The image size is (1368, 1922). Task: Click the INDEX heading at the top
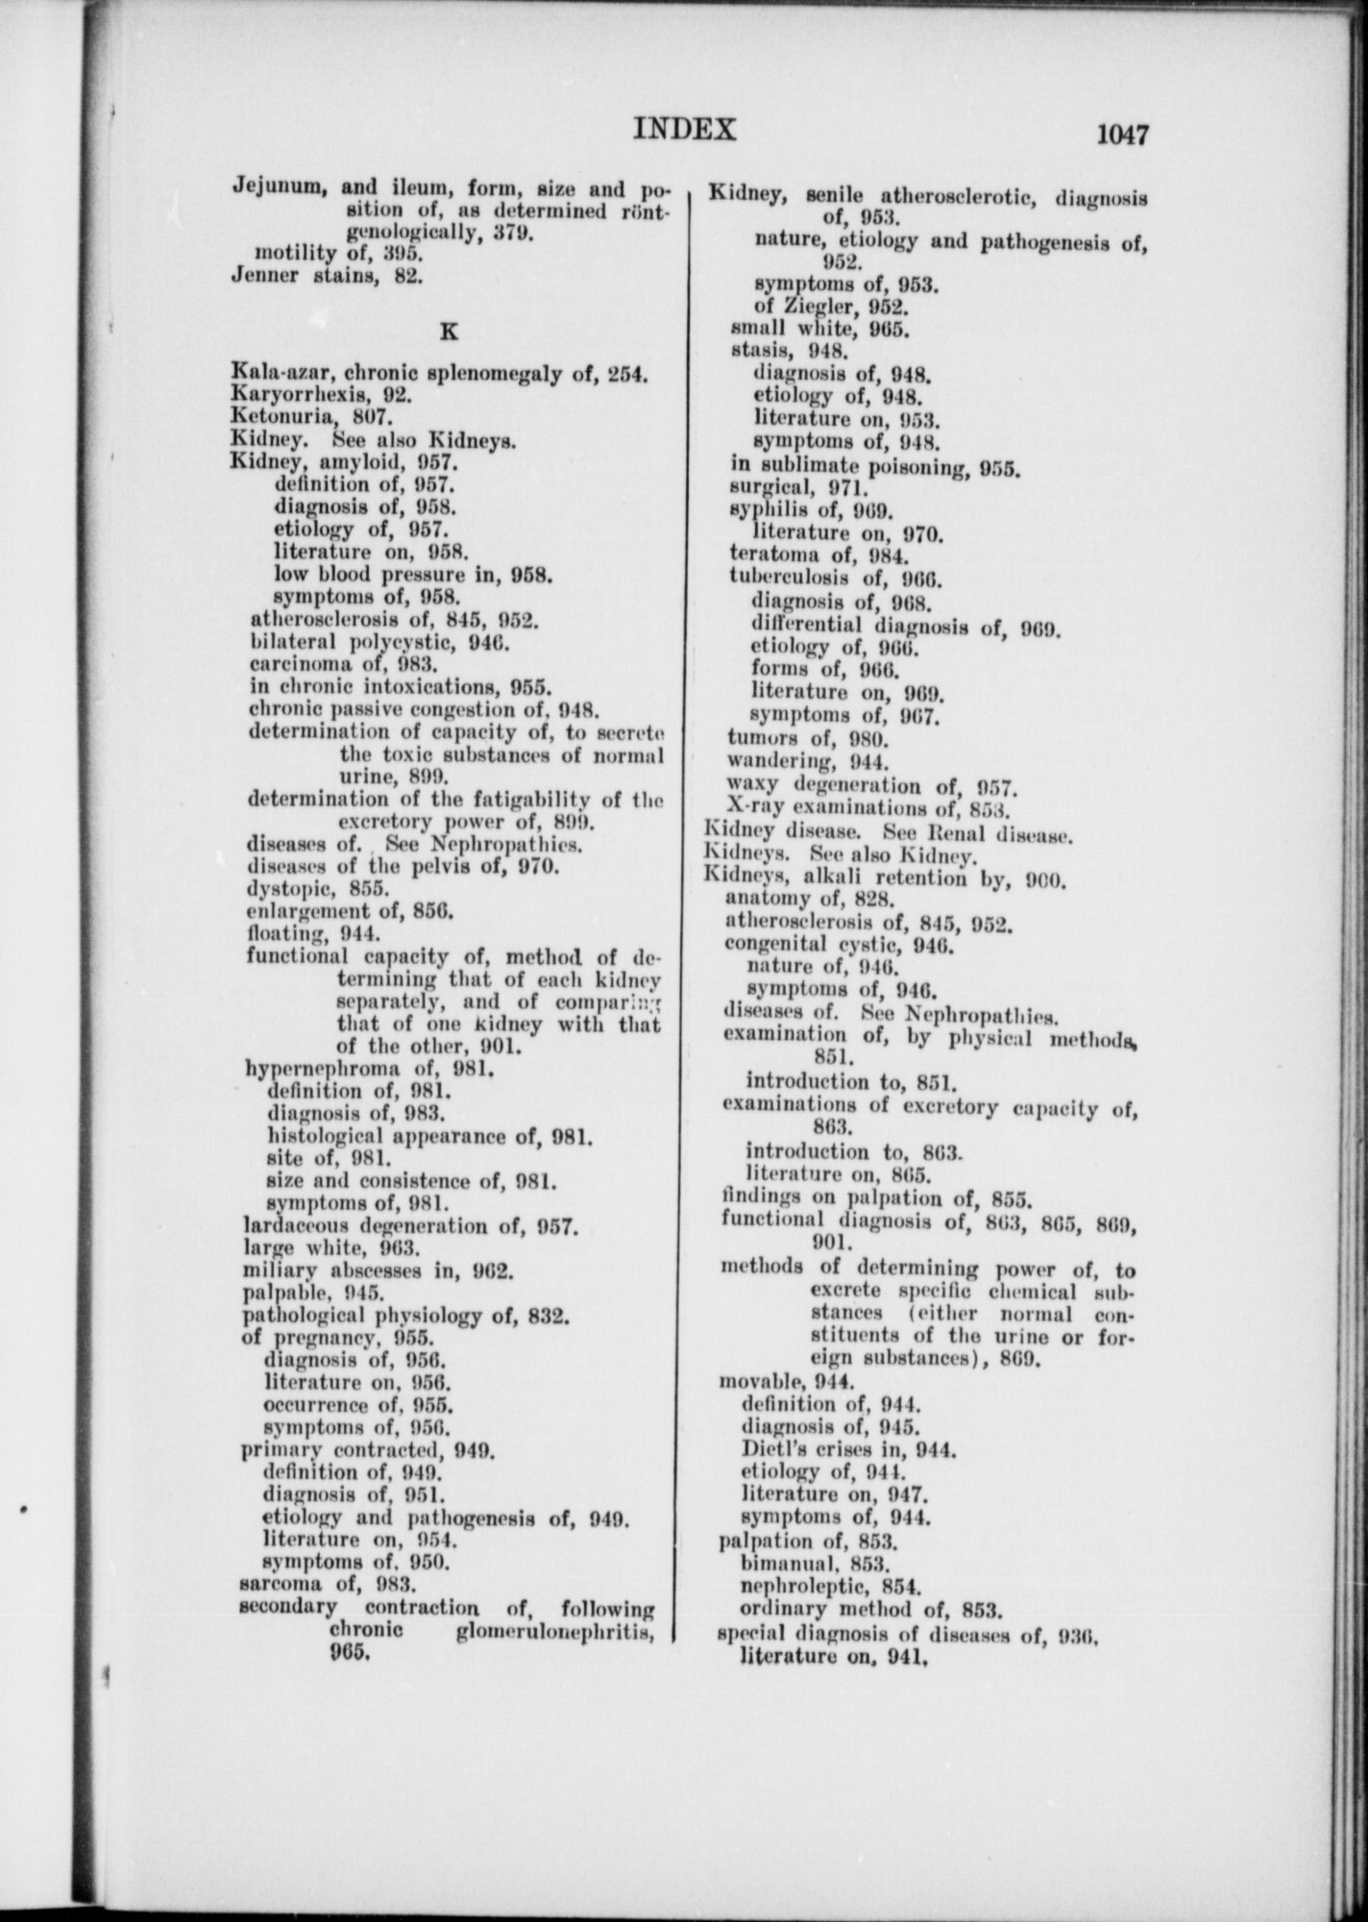pyautogui.click(x=684, y=130)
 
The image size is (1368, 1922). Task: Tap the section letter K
pyautogui.click(x=446, y=332)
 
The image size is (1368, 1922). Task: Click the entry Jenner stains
pyautogui.click(x=327, y=276)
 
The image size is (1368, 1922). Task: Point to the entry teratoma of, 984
pyautogui.click(x=818, y=554)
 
